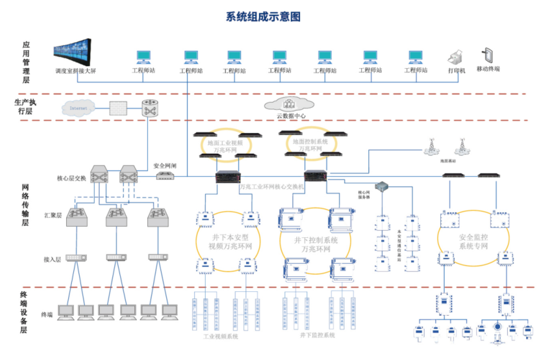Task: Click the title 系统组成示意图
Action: [263, 17]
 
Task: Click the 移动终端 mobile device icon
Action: [488, 55]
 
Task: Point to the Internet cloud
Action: [80, 109]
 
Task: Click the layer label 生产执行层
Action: [26, 107]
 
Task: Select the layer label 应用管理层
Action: [26, 63]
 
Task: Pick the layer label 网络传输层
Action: [26, 205]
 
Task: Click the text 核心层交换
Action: [71, 177]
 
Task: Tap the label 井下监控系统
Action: [317, 336]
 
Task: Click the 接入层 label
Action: [52, 259]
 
